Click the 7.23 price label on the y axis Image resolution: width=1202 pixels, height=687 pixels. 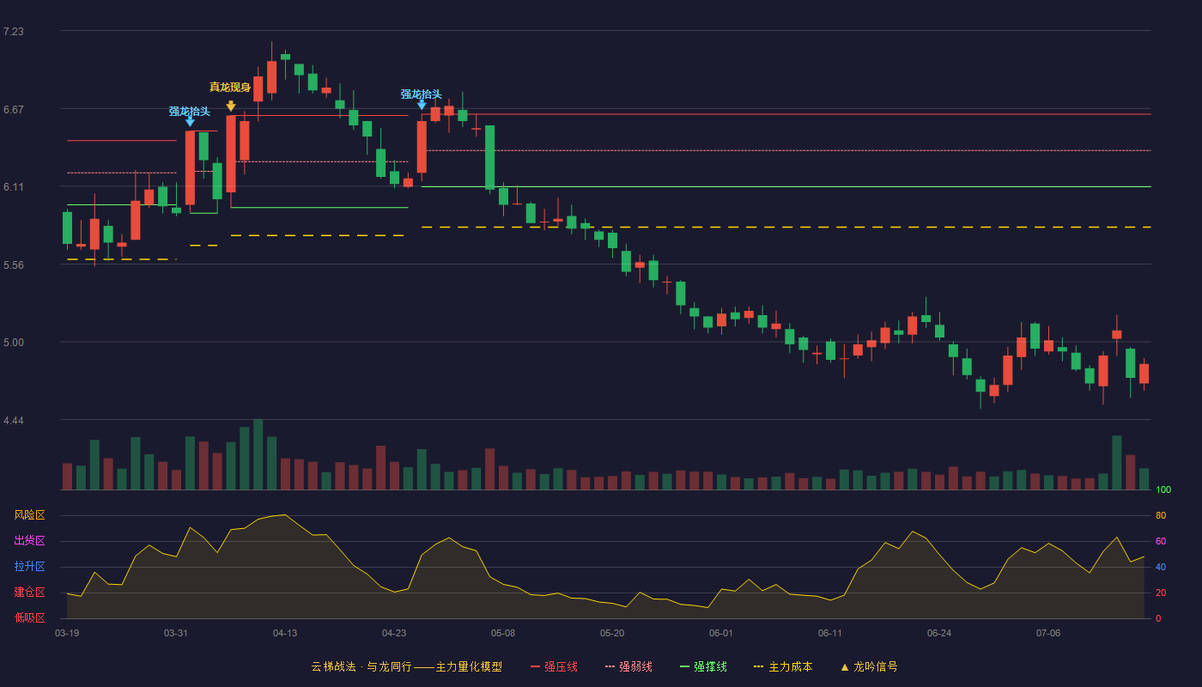pos(14,32)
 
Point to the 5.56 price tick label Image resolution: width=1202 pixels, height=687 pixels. pos(14,265)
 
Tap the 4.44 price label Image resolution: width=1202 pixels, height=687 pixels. pos(14,421)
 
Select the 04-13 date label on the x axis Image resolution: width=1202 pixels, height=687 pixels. pos(285,634)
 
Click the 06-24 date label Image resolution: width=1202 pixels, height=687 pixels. pos(939,634)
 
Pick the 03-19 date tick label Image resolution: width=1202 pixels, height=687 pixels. pos(67,634)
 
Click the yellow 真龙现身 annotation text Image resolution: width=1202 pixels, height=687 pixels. pos(230,87)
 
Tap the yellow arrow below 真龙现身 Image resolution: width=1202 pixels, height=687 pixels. pos(231,106)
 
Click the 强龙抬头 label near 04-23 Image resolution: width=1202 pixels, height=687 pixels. pos(422,94)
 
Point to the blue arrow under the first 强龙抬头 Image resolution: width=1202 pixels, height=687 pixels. pos(190,122)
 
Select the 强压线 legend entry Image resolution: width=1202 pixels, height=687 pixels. pos(554,666)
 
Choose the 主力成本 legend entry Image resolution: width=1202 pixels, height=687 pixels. pos(783,666)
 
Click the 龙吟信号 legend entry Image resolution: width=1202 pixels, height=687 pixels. pos(869,666)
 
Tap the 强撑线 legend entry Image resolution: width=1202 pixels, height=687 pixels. pos(703,666)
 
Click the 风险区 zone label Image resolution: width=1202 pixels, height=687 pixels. pos(29,515)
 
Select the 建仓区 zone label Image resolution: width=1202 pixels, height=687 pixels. pos(29,593)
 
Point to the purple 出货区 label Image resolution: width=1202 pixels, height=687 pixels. pos(29,540)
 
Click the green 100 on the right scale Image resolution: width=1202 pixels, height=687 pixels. pos(1163,489)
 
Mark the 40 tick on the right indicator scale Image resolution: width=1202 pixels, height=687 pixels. pos(1161,567)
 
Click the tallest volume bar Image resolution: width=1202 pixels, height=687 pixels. pos(258,454)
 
